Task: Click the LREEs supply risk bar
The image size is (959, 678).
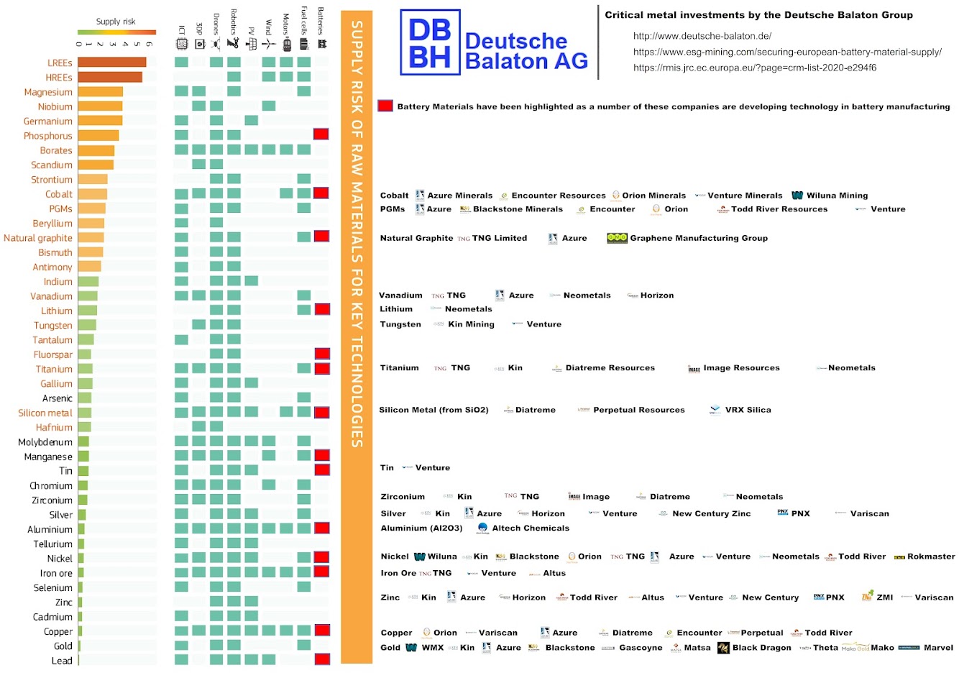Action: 112,63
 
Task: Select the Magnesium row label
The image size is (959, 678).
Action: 48,92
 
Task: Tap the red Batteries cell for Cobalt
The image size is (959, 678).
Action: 321,193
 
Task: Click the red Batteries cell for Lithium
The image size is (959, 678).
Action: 322,309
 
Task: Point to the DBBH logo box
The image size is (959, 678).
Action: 430,42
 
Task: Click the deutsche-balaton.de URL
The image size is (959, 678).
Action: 702,36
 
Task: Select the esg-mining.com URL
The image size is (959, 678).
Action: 787,52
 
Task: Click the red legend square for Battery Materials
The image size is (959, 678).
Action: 385,106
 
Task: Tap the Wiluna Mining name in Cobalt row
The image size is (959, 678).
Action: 837,196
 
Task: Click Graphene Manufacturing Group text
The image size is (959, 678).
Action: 699,238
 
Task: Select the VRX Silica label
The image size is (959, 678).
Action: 748,410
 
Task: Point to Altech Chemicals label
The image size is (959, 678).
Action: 531,528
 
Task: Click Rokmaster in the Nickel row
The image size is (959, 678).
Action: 931,556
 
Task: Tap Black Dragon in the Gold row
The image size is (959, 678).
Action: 761,648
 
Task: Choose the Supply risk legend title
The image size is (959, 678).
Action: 116,22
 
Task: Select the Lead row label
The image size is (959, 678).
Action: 62,661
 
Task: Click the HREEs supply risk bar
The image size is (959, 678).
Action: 110,77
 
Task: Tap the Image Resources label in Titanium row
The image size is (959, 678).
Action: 741,368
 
